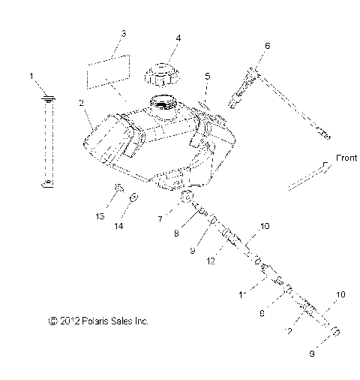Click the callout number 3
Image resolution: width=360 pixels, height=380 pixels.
(123, 35)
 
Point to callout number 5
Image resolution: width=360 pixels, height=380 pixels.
(208, 76)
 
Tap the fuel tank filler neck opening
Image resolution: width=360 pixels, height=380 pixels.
(163, 104)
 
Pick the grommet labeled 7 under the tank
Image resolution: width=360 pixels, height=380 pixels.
(189, 199)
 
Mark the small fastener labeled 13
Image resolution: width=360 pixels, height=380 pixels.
(118, 188)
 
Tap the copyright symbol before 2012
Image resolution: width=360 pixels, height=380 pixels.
(52, 321)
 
